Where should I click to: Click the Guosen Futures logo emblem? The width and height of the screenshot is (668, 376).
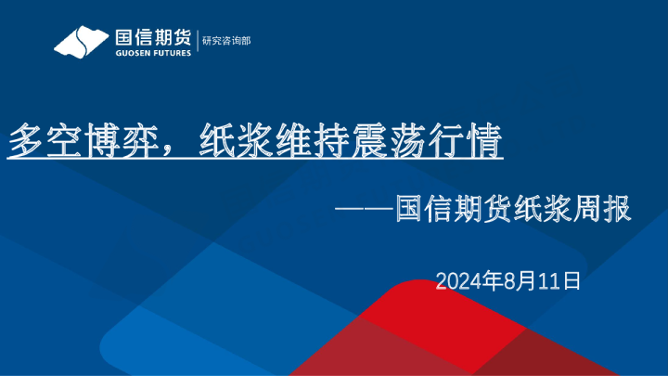pyautogui.click(x=81, y=42)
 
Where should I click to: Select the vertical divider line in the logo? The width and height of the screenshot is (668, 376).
pyautogui.click(x=197, y=42)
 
